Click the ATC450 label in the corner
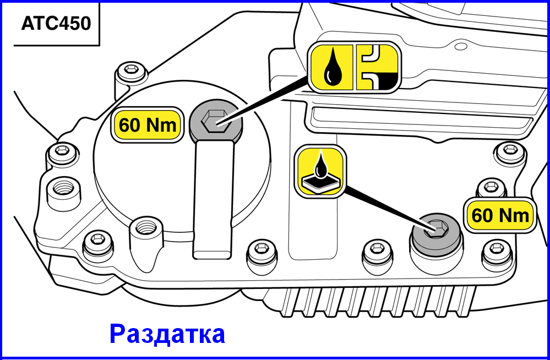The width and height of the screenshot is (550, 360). [56, 24]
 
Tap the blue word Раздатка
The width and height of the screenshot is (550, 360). [167, 334]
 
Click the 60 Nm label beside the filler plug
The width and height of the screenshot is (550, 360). [148, 125]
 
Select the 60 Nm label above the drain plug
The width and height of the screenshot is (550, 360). [500, 215]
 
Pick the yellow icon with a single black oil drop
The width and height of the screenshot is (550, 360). [331, 67]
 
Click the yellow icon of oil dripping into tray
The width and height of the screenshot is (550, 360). [320, 171]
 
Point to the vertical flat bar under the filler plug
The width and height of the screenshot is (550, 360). [214, 199]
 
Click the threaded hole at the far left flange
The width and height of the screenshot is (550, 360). [63, 189]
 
